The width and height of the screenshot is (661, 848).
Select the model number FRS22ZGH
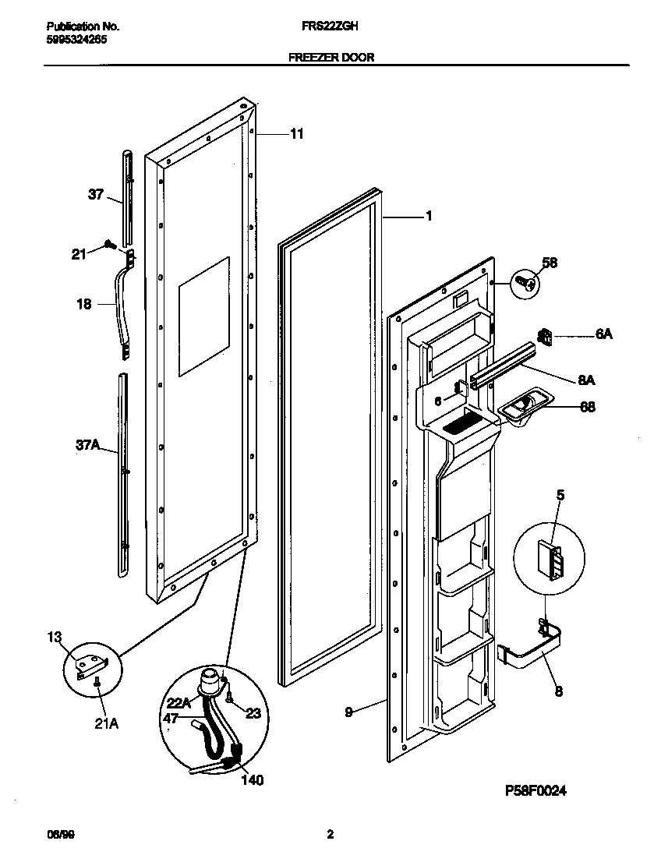click(x=330, y=25)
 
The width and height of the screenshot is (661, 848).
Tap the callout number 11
click(x=296, y=134)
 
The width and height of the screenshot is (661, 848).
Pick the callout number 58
click(x=550, y=263)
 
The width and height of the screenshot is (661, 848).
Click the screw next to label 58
click(x=525, y=282)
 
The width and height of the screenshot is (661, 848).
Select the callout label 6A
click(x=603, y=334)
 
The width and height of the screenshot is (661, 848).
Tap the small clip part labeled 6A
click(x=544, y=337)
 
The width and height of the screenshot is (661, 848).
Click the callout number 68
click(x=589, y=405)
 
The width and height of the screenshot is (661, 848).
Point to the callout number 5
click(x=559, y=494)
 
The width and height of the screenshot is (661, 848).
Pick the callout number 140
click(x=252, y=779)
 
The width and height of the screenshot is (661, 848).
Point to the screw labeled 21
click(x=111, y=245)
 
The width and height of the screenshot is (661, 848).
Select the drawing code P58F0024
click(x=534, y=790)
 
